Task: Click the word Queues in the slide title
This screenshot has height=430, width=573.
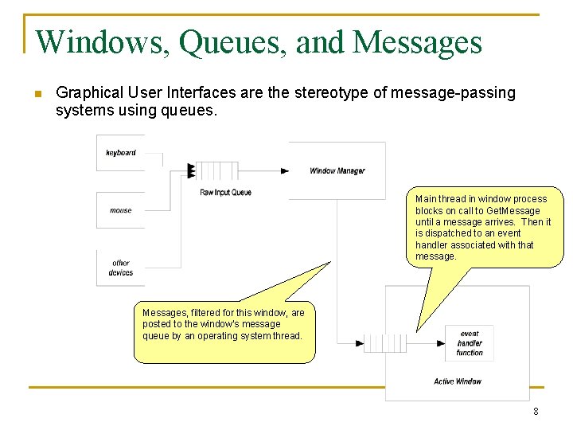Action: (232, 42)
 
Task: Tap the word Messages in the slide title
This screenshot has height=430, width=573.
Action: (417, 41)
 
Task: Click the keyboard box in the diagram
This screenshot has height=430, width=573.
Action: (121, 153)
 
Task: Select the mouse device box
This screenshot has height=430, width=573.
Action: (121, 210)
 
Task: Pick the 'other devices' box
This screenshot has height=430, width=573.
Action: (121, 268)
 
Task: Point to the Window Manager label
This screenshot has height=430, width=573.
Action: (337, 170)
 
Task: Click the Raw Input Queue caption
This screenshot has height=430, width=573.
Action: (225, 192)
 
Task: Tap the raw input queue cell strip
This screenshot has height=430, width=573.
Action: (216, 170)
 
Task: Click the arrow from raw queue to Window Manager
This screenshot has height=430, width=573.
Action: (263, 170)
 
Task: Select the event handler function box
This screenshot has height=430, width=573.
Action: (470, 343)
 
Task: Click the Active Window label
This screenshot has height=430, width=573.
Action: (458, 381)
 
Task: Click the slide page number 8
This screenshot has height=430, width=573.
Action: (536, 412)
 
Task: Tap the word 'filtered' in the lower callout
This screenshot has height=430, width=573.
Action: (203, 313)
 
